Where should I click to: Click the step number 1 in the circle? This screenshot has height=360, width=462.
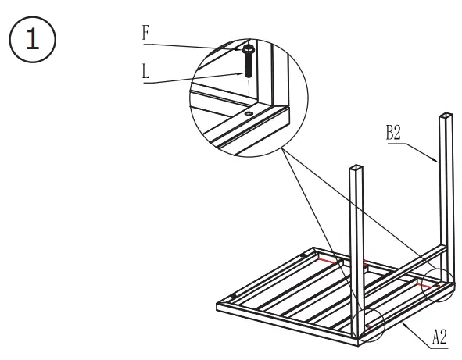(x=31, y=39)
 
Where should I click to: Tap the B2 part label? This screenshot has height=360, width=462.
(x=393, y=133)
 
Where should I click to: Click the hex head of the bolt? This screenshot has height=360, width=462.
(x=248, y=50)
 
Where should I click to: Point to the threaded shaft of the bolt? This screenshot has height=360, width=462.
(x=248, y=66)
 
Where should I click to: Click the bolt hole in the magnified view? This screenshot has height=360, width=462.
(x=248, y=113)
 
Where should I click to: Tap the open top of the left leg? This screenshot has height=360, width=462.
(x=356, y=167)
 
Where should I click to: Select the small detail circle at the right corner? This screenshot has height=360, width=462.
(x=436, y=286)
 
